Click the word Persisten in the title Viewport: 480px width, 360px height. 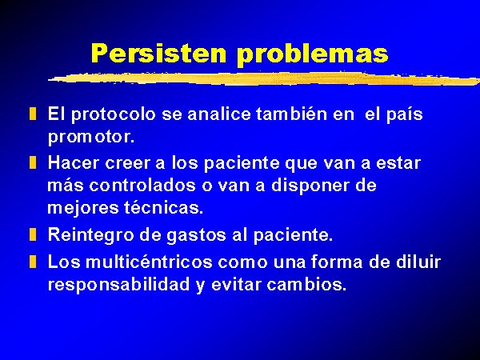pyautogui.click(x=158, y=53)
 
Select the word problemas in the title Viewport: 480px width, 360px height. pyautogui.click(x=313, y=54)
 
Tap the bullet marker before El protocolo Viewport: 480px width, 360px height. pyautogui.click(x=33, y=114)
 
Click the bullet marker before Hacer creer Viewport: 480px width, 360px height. pyautogui.click(x=33, y=162)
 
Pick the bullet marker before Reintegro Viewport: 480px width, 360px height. pyautogui.click(x=33, y=234)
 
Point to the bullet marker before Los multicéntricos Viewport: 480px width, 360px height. pyautogui.click(x=33, y=262)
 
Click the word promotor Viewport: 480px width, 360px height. pyautogui.click(x=91, y=138)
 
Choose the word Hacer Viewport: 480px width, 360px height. pyautogui.click(x=74, y=162)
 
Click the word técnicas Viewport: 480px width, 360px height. pyautogui.click(x=163, y=207)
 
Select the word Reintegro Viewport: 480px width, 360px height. pyautogui.click(x=91, y=236)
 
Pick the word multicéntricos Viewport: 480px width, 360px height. pyautogui.click(x=149, y=262)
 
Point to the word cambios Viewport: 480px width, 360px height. pyautogui.click(x=306, y=284)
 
